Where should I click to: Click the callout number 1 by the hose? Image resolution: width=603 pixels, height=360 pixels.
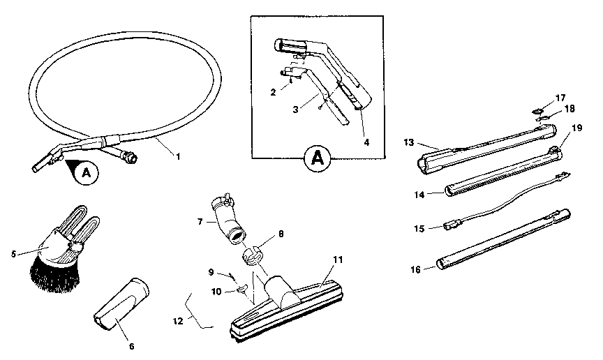177,157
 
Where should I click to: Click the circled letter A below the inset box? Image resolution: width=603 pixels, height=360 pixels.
317,158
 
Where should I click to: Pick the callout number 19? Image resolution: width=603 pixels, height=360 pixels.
576,128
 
